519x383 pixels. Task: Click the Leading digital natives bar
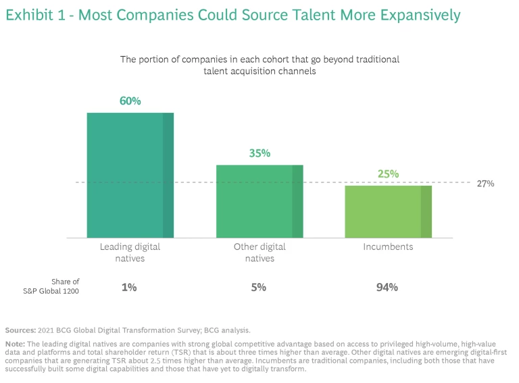click(x=130, y=175)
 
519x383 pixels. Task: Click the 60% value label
click(x=130, y=101)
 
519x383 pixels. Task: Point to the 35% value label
click(x=259, y=153)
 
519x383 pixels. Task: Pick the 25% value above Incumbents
click(x=389, y=174)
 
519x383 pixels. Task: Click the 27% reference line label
click(x=485, y=183)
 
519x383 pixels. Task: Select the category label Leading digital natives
click(x=130, y=252)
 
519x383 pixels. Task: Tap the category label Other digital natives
click(x=259, y=252)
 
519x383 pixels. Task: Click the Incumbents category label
click(x=389, y=247)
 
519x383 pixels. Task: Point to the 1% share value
click(x=129, y=287)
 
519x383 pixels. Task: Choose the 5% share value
click(x=259, y=287)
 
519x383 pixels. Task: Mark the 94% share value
click(x=387, y=287)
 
